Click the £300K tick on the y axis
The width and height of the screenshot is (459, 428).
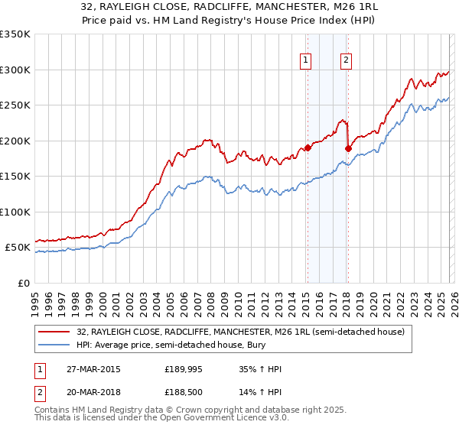(15, 70)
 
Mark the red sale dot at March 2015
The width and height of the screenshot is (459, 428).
(308, 148)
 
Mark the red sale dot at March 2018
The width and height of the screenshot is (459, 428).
(348, 149)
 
